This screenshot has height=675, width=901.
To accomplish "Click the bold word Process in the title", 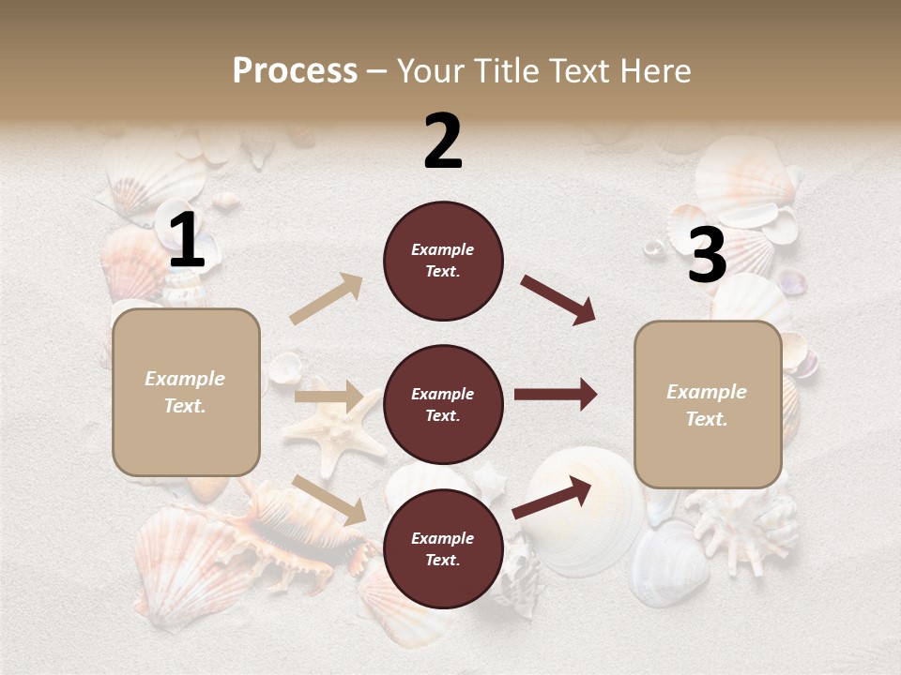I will (295, 71).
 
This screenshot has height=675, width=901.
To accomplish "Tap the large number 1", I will (187, 242).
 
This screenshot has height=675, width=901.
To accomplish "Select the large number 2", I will (443, 142).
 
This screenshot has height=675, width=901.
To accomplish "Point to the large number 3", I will (707, 256).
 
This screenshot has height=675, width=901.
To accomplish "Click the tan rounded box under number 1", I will (186, 392).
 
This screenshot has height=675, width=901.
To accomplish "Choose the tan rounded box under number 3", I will (708, 404).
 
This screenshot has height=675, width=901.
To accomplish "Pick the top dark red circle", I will (443, 261).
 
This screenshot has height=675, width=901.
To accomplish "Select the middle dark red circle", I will (443, 404).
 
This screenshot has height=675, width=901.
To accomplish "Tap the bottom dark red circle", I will (443, 548).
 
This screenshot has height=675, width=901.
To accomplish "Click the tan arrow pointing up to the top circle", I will (327, 299).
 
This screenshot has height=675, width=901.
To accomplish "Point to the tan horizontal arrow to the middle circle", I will (328, 396).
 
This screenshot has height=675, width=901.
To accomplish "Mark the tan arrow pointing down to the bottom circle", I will (328, 500).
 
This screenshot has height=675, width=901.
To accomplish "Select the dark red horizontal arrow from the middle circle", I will (555, 395).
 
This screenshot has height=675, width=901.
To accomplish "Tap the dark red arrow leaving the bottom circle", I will (553, 498).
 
